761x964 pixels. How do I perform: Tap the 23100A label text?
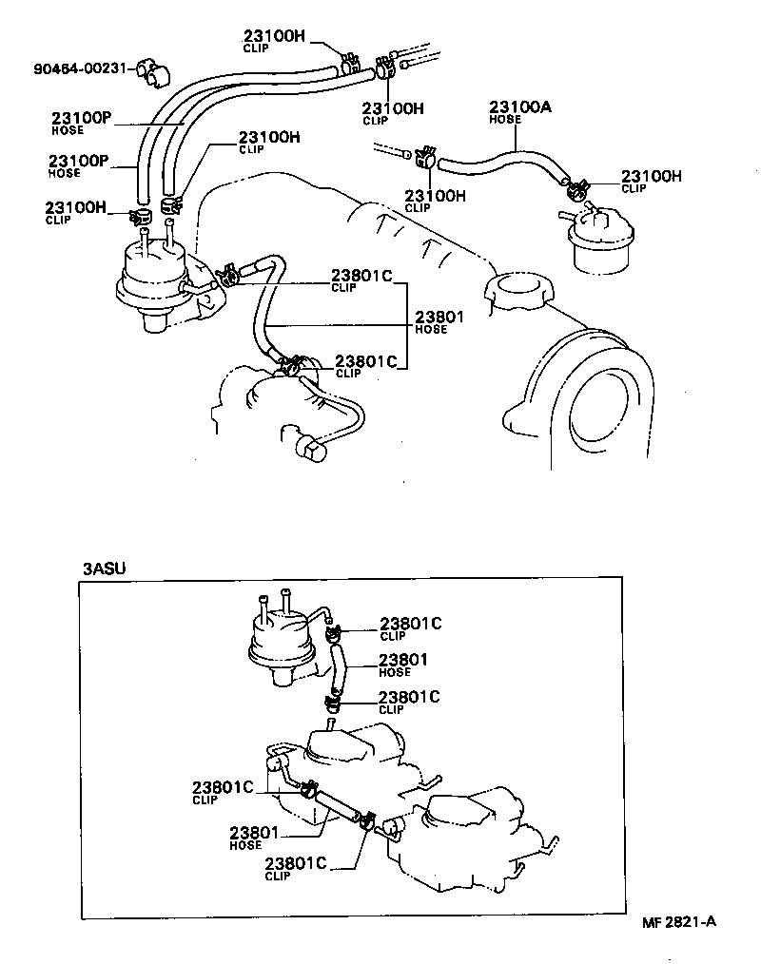[519, 107]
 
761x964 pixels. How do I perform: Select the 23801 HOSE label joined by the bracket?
[439, 320]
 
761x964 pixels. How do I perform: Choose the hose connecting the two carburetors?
[338, 802]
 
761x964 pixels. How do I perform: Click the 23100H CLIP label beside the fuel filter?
[651, 180]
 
